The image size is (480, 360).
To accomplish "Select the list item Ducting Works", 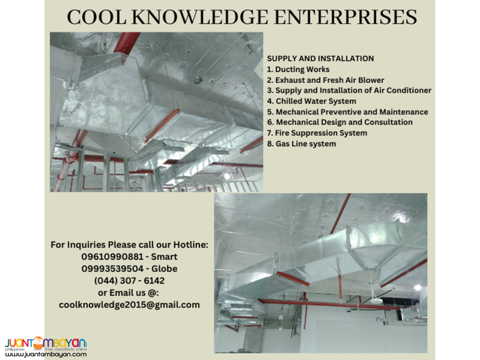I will [298, 69].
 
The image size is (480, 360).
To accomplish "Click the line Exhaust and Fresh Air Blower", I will [325, 80].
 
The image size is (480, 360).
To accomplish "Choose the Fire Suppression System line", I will [317, 133].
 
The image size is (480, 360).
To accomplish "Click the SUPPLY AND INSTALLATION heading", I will [320, 58].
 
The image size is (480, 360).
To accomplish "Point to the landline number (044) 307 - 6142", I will [129, 281].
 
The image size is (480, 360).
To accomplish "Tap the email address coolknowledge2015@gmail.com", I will [129, 304].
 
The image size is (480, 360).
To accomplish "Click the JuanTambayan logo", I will [46, 343].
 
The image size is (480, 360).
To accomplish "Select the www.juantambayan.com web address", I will [46, 354].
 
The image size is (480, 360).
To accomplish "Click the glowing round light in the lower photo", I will [417, 287].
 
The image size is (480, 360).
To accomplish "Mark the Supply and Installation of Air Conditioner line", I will [349, 90].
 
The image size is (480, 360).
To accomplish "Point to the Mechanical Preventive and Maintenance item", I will [347, 111].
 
